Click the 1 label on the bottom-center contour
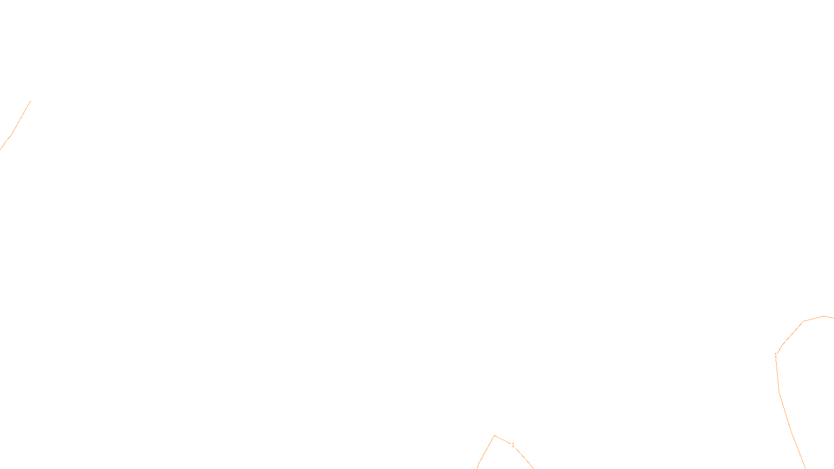tap(513, 445)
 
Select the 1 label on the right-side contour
tap(776, 355)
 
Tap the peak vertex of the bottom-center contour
tap(495, 436)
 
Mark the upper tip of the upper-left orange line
tap(30, 101)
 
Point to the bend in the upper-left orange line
tap(11, 134)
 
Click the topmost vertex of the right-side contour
tap(824, 316)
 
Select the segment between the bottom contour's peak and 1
tap(502, 440)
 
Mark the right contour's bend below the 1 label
tap(779, 391)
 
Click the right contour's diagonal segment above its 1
tap(792, 334)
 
